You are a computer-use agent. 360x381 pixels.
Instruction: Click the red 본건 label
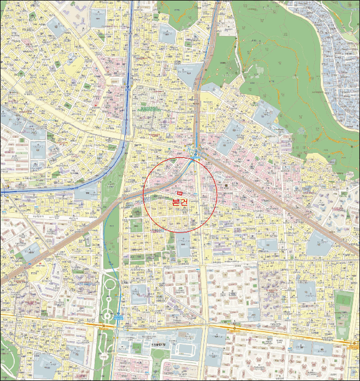pos(179,201)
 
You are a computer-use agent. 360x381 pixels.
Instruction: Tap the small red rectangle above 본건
pos(179,194)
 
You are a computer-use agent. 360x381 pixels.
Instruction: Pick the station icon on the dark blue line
pos(128,87)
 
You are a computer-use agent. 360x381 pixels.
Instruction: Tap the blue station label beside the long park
pos(119,316)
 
